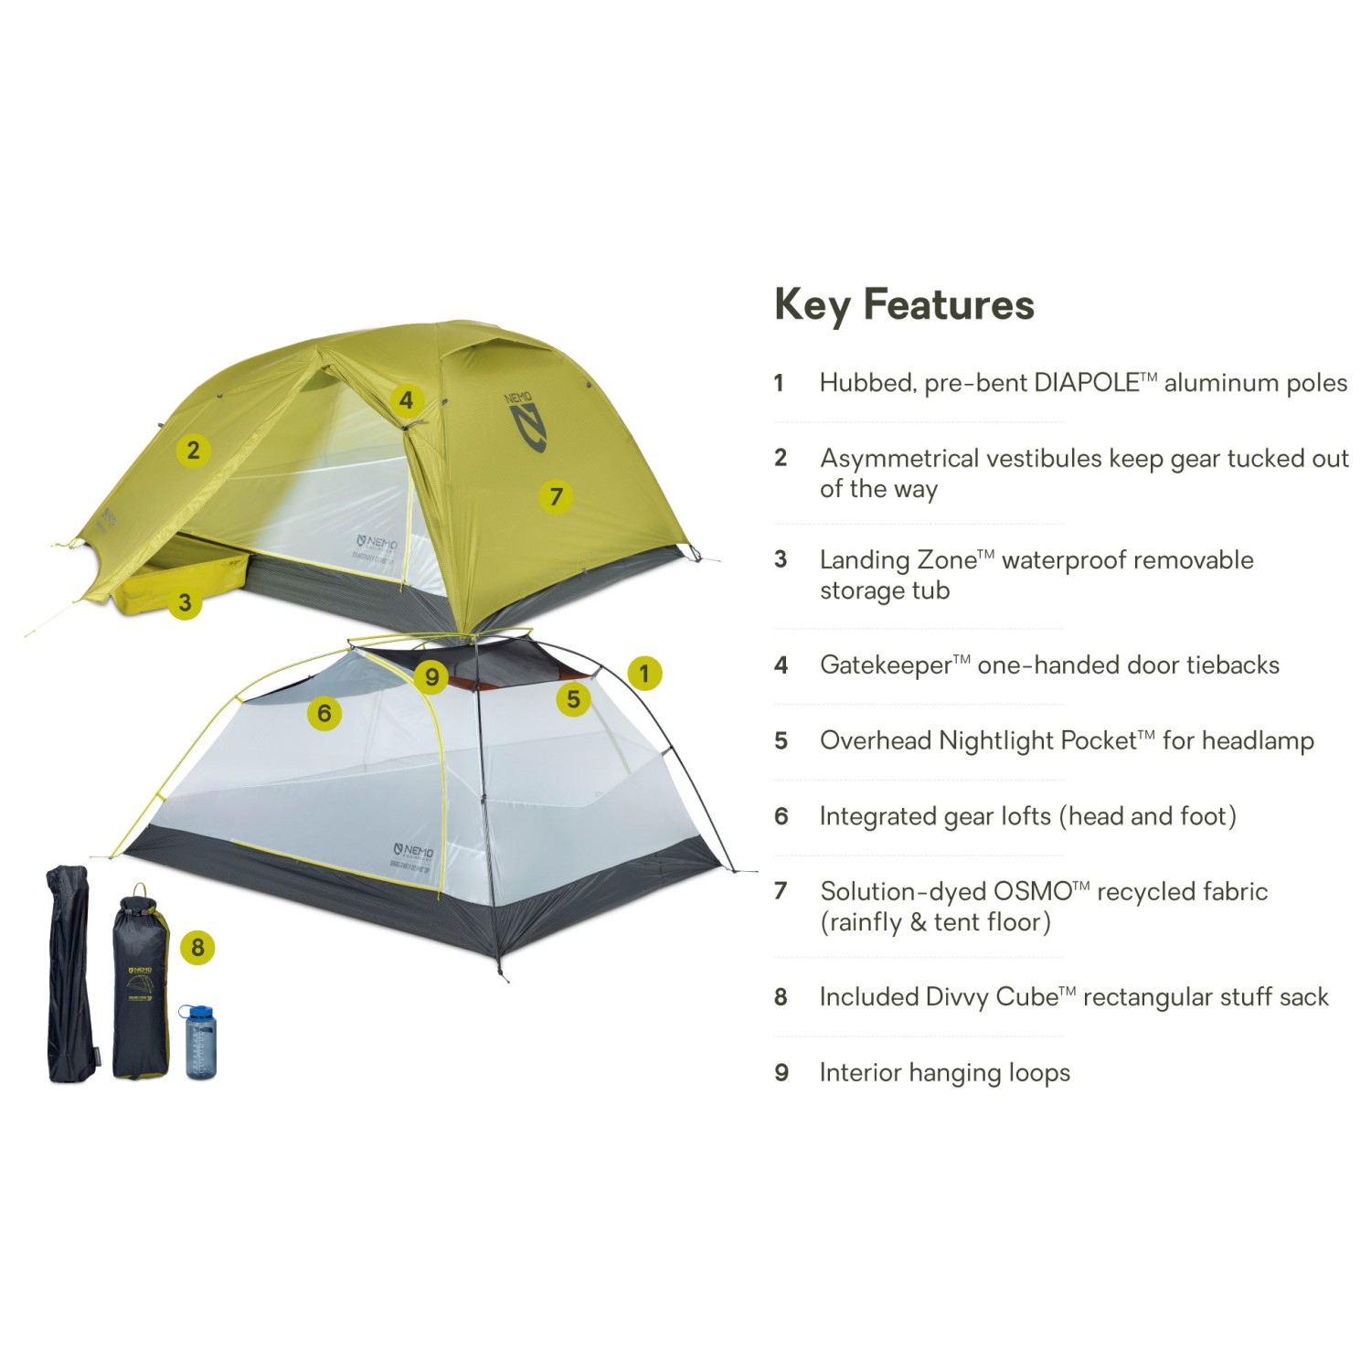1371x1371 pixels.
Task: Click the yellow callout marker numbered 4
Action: coord(407,400)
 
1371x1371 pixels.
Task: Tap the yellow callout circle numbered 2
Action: coord(193,450)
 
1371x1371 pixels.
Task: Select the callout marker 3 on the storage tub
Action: coord(185,602)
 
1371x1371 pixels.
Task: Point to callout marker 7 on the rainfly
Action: coord(556,496)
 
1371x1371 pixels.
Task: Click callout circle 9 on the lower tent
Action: coord(431,677)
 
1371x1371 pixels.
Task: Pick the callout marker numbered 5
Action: coord(573,699)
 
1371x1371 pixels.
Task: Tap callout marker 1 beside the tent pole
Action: coord(644,674)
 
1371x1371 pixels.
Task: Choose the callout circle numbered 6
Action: coord(324,713)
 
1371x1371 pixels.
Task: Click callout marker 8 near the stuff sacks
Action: coord(197,947)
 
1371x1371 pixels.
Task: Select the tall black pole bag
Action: coord(69,974)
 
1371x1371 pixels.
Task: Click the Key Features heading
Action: coord(904,304)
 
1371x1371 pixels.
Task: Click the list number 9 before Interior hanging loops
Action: coord(781,1072)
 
